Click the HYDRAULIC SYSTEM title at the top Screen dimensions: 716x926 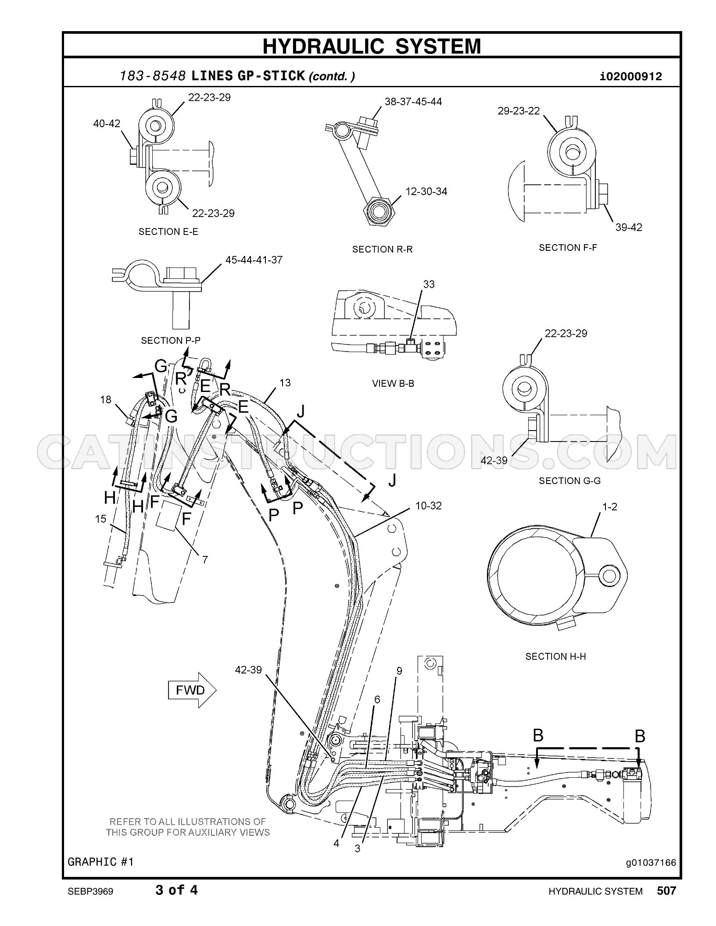(x=372, y=46)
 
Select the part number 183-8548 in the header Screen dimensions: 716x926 (x=152, y=76)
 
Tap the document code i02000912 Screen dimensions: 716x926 (x=631, y=77)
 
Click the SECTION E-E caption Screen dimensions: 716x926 (x=168, y=231)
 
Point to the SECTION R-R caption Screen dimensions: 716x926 (x=383, y=249)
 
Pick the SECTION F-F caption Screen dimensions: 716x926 (x=568, y=248)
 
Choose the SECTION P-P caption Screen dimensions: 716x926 (x=171, y=340)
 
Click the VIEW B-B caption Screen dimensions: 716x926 (x=393, y=383)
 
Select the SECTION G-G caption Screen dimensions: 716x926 (x=570, y=481)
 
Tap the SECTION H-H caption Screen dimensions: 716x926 (x=556, y=669)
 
